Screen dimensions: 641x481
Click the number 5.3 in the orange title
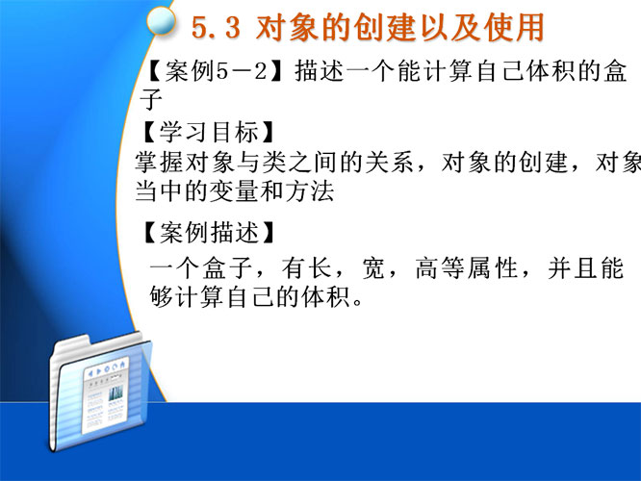(216, 28)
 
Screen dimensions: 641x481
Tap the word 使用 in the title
(514, 27)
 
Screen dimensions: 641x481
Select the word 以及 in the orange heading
(450, 27)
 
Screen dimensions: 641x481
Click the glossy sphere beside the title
(161, 21)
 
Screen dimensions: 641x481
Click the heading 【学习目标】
(207, 132)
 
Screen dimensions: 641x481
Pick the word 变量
(234, 190)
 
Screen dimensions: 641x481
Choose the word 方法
(310, 190)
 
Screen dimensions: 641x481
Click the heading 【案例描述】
(207, 232)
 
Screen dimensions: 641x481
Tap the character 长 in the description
(320, 268)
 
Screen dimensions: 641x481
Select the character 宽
(373, 268)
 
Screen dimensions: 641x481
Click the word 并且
(573, 268)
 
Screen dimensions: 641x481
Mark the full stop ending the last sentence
(357, 303)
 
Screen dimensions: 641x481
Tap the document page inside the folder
(106, 395)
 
